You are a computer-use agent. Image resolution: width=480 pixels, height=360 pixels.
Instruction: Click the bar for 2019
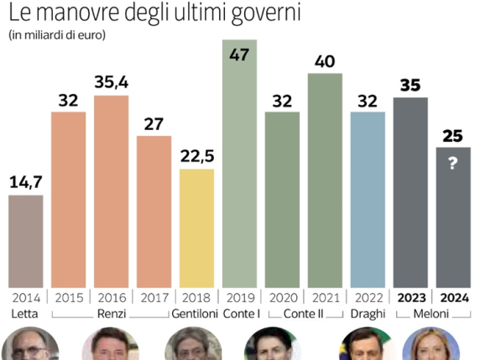(239, 164)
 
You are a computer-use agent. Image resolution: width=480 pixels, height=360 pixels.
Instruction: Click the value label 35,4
(111, 84)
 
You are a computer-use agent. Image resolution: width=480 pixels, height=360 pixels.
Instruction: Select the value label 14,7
(25, 183)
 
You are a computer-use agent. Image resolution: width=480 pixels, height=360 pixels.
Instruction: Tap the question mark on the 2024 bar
(453, 164)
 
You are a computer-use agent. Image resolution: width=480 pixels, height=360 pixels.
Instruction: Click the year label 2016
(111, 297)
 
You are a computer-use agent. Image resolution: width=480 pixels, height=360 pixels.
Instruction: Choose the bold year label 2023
(410, 297)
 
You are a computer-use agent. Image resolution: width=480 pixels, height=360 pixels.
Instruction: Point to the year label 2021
(325, 297)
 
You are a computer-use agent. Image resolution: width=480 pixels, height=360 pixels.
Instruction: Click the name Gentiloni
(195, 314)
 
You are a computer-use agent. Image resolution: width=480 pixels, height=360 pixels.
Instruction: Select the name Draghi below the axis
(367, 314)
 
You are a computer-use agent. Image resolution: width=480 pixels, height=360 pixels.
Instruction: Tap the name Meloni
(431, 314)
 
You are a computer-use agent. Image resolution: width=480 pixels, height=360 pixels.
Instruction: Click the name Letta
(25, 314)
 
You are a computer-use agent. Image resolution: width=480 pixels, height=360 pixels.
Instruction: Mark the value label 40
(325, 61)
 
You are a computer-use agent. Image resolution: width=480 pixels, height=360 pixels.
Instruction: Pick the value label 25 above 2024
(453, 136)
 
